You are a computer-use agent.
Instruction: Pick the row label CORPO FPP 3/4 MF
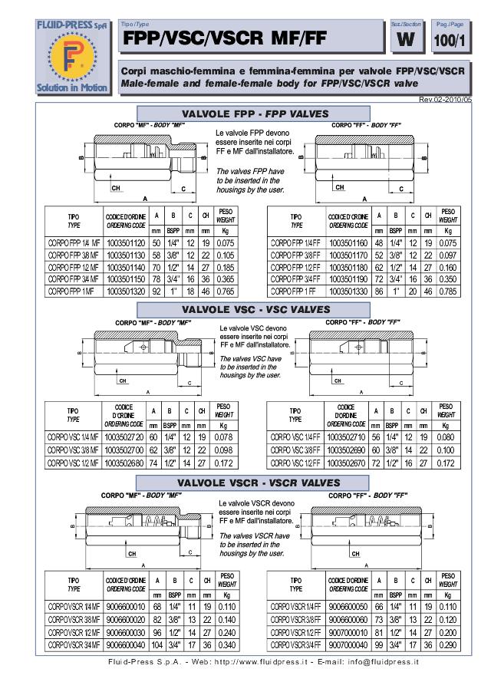(73, 279)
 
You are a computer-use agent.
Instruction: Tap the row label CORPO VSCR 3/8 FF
(296, 619)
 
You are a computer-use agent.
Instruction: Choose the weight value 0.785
(448, 292)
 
